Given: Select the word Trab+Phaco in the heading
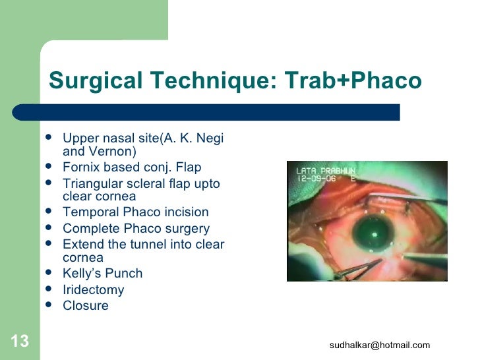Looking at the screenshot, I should [353, 80].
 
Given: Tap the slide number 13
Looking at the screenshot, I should [19, 341].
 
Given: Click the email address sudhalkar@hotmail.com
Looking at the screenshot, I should [380, 345].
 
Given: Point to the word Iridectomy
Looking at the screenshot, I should [93, 289].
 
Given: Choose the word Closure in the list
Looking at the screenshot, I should [86, 306].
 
